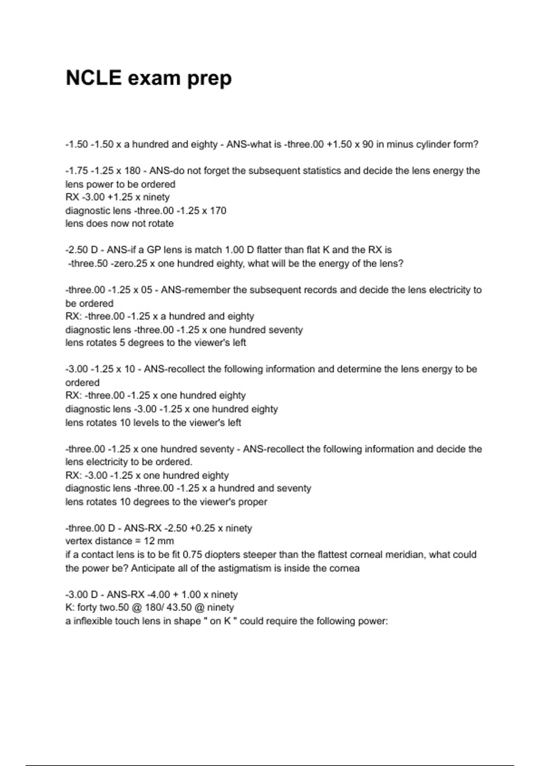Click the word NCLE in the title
tap(94, 78)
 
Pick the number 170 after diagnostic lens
tap(218, 210)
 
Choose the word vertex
tap(79, 541)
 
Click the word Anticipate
tap(152, 568)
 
